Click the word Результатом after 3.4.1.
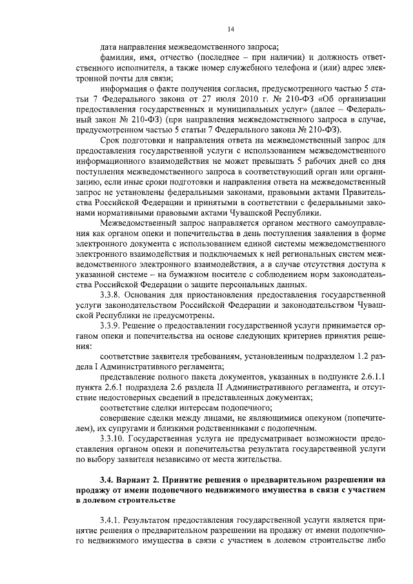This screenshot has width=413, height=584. point(149,519)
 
